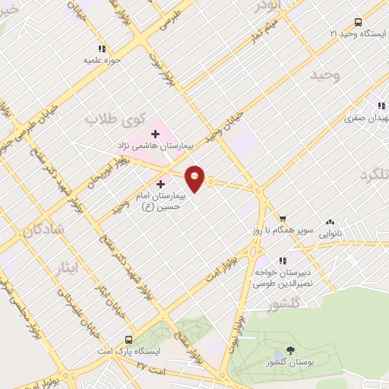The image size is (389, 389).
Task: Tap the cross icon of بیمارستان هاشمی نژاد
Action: click(155, 134)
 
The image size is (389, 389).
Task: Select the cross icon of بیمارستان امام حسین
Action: click(160, 184)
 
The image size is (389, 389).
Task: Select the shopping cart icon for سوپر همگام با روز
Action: click(282, 217)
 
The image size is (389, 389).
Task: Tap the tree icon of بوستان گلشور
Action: click(290, 350)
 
